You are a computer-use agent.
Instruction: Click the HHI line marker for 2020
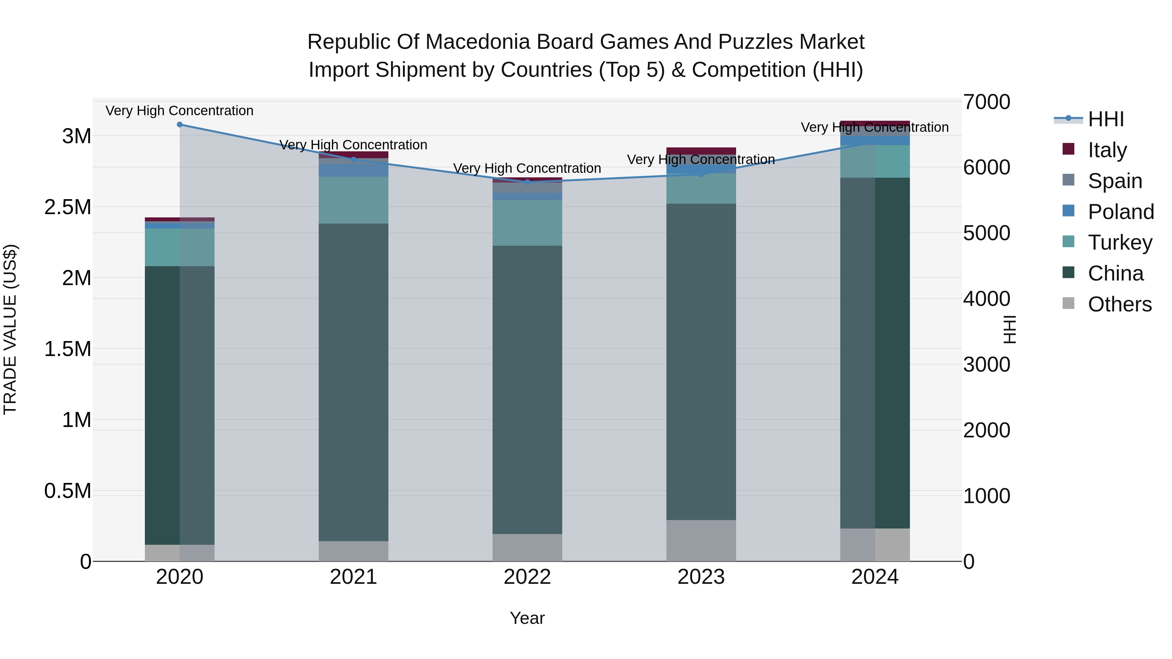point(180,125)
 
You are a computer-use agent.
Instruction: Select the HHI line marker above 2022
point(527,182)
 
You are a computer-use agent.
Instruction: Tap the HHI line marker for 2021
point(354,160)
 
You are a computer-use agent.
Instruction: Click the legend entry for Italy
point(1107,150)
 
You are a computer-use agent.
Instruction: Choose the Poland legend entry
point(1121,212)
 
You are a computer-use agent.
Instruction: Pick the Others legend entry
point(1119,304)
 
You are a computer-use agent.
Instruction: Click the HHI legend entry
point(1106,119)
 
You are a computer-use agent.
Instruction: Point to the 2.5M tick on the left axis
point(68,207)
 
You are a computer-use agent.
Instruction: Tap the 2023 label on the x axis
point(701,577)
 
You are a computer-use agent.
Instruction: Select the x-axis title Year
point(527,618)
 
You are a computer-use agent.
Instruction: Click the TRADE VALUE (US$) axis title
point(10,329)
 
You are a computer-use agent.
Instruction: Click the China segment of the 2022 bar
point(527,390)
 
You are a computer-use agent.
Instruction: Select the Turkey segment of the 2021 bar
point(354,200)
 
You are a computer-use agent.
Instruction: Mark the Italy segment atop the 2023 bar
point(701,151)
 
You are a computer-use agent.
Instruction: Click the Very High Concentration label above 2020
point(180,111)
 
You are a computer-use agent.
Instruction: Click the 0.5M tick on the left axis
point(68,491)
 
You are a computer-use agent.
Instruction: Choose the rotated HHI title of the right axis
point(1010,329)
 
